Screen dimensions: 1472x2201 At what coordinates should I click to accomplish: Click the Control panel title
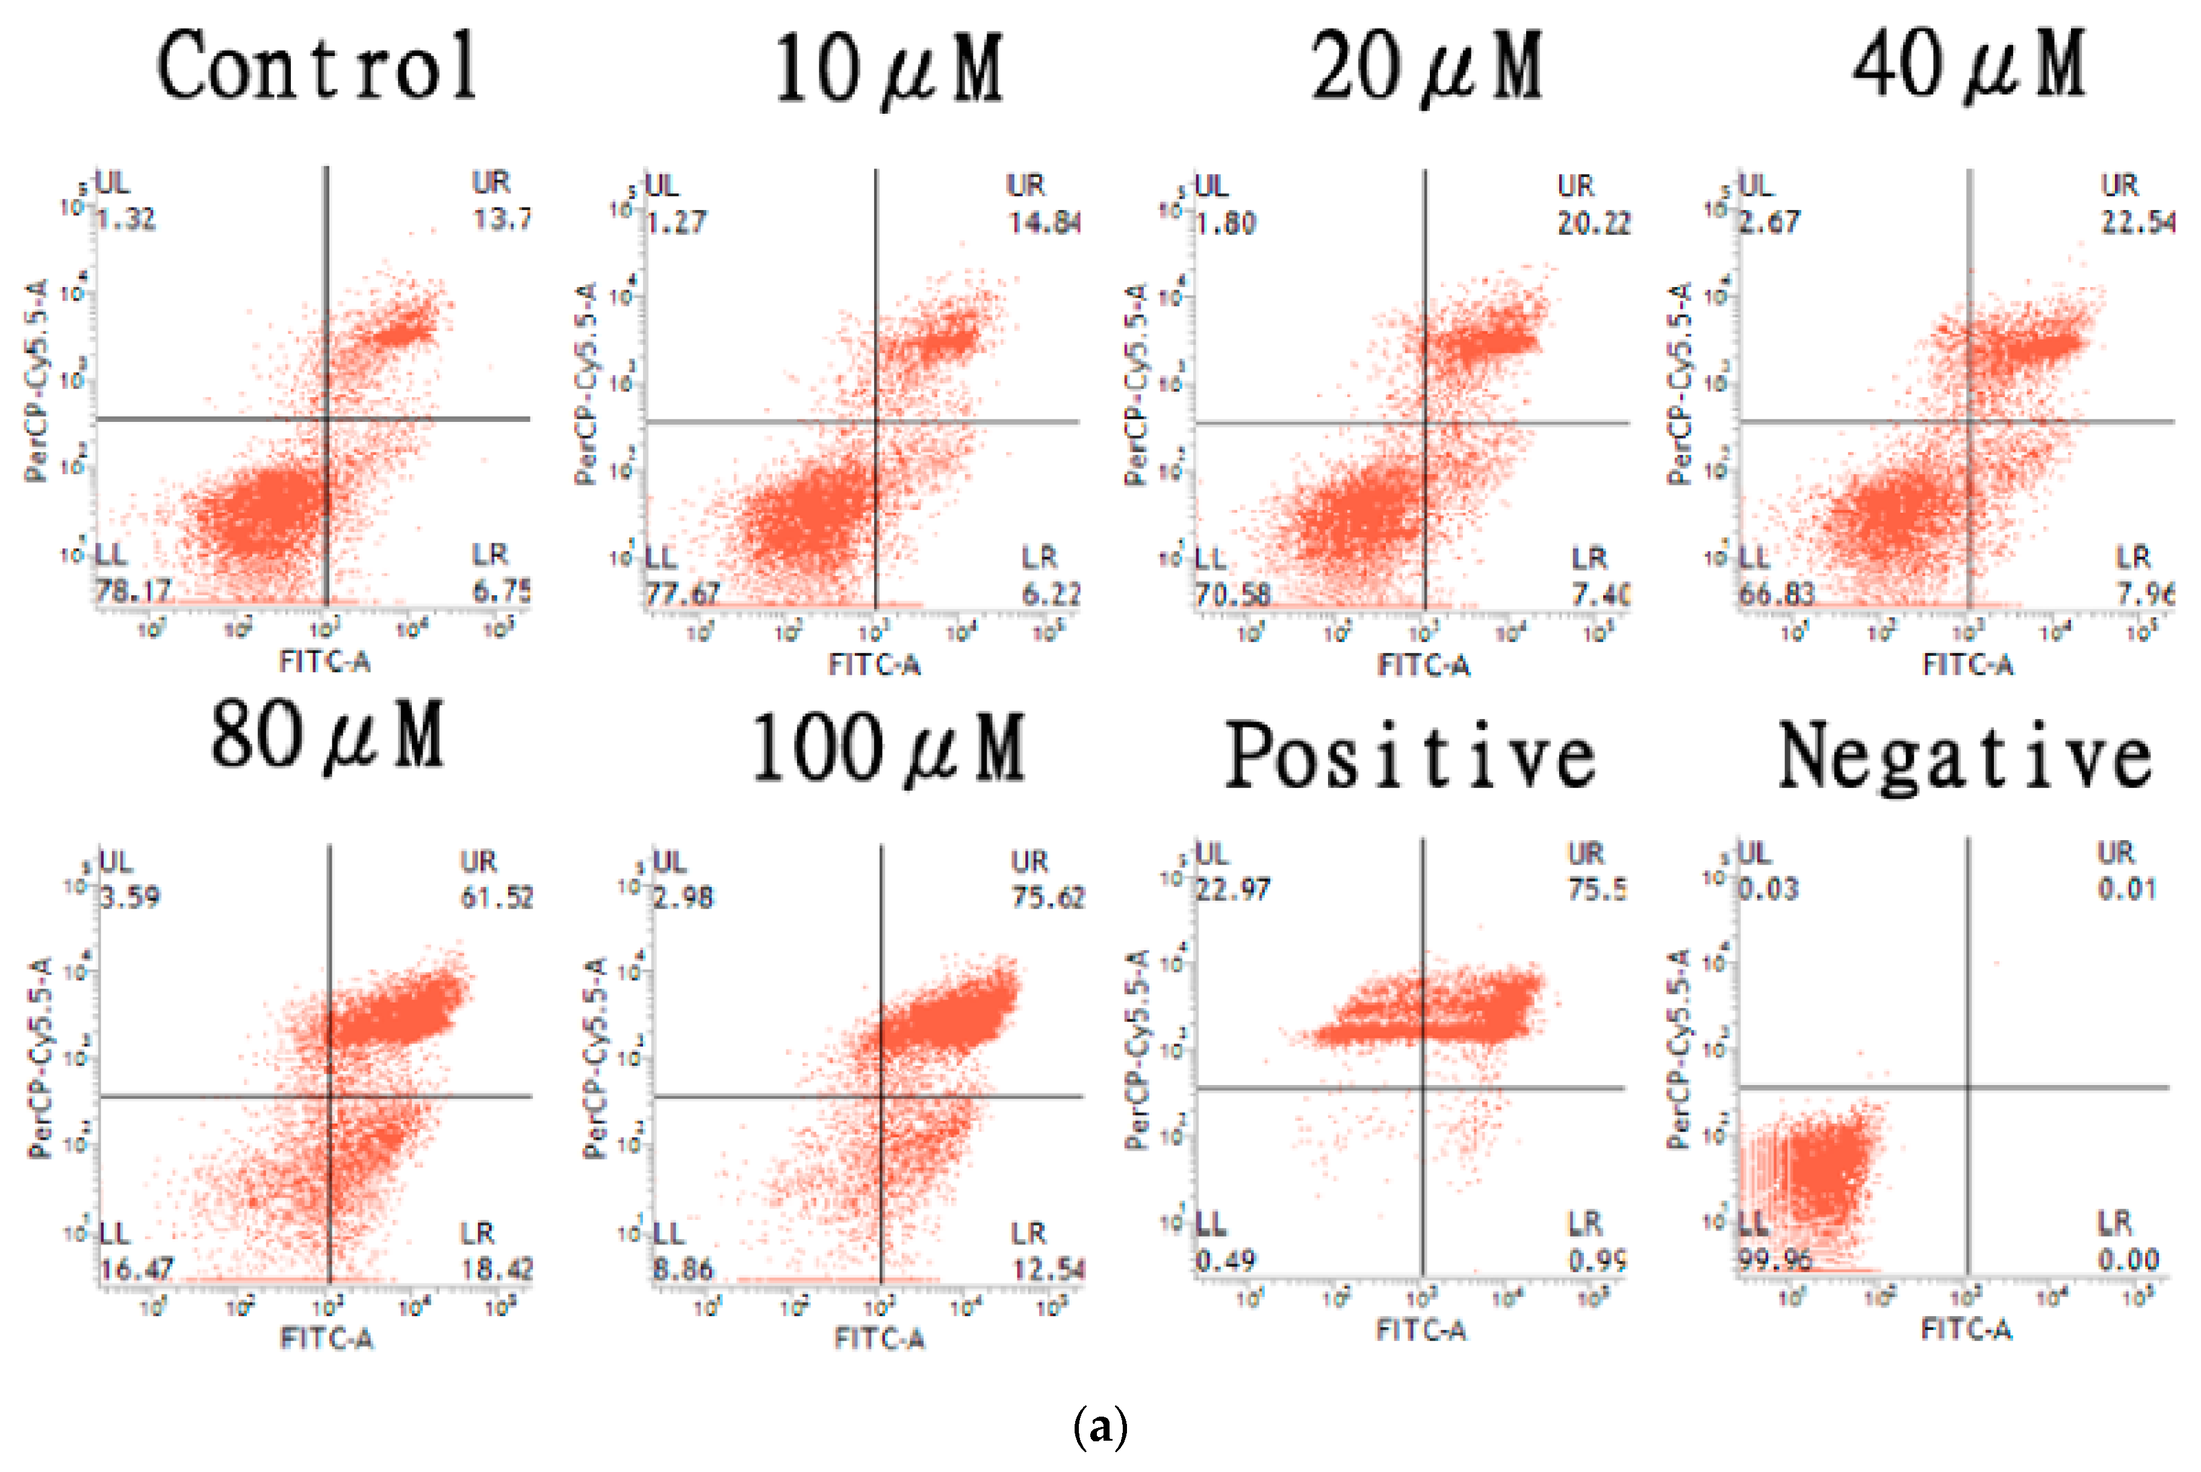pos(317,66)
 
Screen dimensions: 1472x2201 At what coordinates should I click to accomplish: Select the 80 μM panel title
pos(327,738)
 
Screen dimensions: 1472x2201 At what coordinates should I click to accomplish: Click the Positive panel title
pos(1411,756)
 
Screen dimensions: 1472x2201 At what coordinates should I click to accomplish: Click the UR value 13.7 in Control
pos(501,218)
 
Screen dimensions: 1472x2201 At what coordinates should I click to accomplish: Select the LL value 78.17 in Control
pos(133,590)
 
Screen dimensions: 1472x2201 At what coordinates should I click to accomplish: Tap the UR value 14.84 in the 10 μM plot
pos(1044,223)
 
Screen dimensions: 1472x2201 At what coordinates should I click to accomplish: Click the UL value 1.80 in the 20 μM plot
pos(1225,223)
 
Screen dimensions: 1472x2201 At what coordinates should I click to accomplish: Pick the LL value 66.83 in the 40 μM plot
pos(1775,593)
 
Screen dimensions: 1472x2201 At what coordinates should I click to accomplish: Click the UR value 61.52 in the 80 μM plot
pos(496,897)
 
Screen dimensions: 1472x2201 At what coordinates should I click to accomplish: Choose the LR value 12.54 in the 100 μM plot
pos(1047,1269)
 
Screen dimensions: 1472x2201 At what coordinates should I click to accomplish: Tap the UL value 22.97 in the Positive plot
pos(1232,888)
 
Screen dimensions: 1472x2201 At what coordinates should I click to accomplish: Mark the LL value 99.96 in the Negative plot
pos(1774,1259)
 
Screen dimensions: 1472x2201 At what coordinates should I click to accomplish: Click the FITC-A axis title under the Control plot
pos(325,662)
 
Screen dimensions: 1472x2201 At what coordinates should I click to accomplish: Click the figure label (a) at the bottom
pos(1099,1428)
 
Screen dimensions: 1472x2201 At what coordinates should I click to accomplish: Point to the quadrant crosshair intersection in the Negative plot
pos(1968,1087)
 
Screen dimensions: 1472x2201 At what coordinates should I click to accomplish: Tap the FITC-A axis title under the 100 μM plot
pos(879,1338)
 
